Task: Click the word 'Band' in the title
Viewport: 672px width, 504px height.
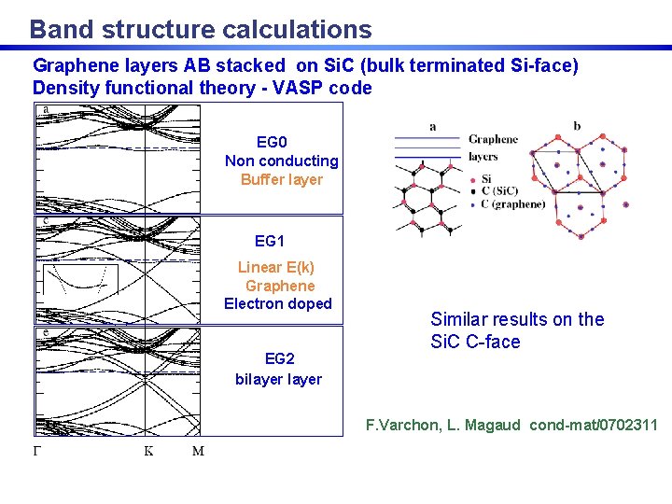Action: coord(61,30)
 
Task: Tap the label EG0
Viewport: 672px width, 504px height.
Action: coord(272,143)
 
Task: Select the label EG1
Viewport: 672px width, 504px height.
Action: coord(270,241)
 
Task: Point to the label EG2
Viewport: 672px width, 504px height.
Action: coord(279,358)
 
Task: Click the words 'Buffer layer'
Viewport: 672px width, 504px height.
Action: coord(282,179)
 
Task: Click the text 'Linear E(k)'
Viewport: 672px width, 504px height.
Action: coord(276,267)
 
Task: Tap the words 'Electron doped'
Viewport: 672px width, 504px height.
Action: coord(278,303)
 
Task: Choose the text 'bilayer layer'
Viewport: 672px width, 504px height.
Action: coord(278,379)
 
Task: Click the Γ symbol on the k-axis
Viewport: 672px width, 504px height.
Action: coord(37,452)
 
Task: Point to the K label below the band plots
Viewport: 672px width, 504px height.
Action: coord(147,452)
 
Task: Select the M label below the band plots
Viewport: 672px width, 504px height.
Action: coord(198,452)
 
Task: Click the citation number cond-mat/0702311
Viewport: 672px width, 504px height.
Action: coord(594,426)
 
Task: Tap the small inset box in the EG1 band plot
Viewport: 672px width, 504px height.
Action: coord(80,280)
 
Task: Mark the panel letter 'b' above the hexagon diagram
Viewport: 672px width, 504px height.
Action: coord(576,126)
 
